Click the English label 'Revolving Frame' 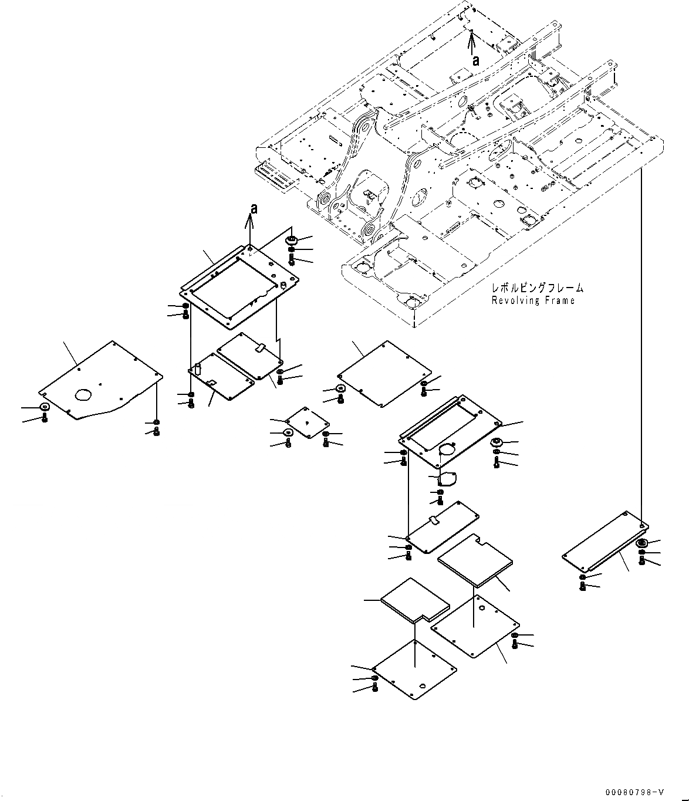pos(533,300)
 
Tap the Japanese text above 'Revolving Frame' pos(538,288)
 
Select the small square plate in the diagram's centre pos(308,422)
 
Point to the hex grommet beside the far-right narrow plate pos(641,542)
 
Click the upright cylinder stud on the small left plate pos(198,368)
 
